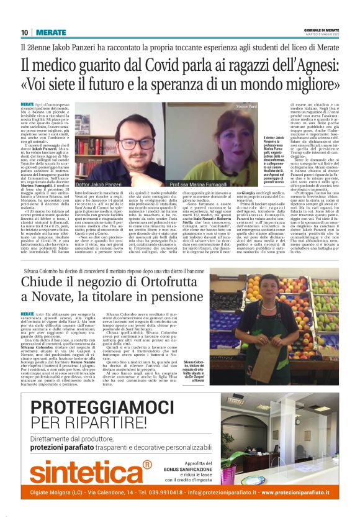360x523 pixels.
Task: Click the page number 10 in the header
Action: (24, 32)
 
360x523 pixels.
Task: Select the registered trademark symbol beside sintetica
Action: (146, 464)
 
